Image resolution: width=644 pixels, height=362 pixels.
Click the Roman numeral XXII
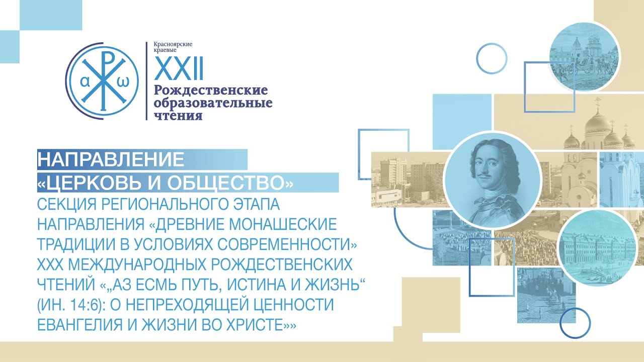[179, 68]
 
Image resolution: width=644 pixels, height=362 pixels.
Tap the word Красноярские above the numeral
[173, 44]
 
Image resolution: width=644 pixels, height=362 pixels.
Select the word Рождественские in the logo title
[211, 90]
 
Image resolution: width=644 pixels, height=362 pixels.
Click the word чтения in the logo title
[178, 116]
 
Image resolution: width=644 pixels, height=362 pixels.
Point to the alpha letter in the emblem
[85, 82]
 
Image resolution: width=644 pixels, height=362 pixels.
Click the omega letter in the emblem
[123, 82]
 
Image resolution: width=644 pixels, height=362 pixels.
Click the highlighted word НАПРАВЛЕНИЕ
[111, 159]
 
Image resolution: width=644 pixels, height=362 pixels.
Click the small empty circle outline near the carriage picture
[492, 58]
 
